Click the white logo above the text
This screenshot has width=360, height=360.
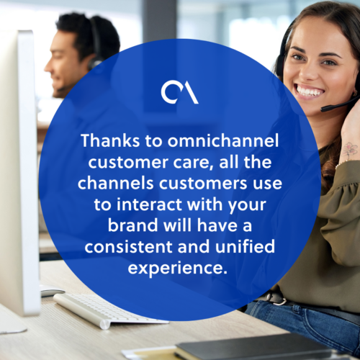tap(179, 93)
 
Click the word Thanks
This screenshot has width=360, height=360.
tap(110, 140)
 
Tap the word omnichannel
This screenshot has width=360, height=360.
tap(223, 140)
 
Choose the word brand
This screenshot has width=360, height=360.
tap(132, 225)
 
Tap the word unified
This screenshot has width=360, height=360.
tap(245, 246)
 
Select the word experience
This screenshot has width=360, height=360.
tap(178, 269)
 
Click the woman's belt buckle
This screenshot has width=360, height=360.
tap(276, 297)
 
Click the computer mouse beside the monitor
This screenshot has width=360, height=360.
tap(52, 290)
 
